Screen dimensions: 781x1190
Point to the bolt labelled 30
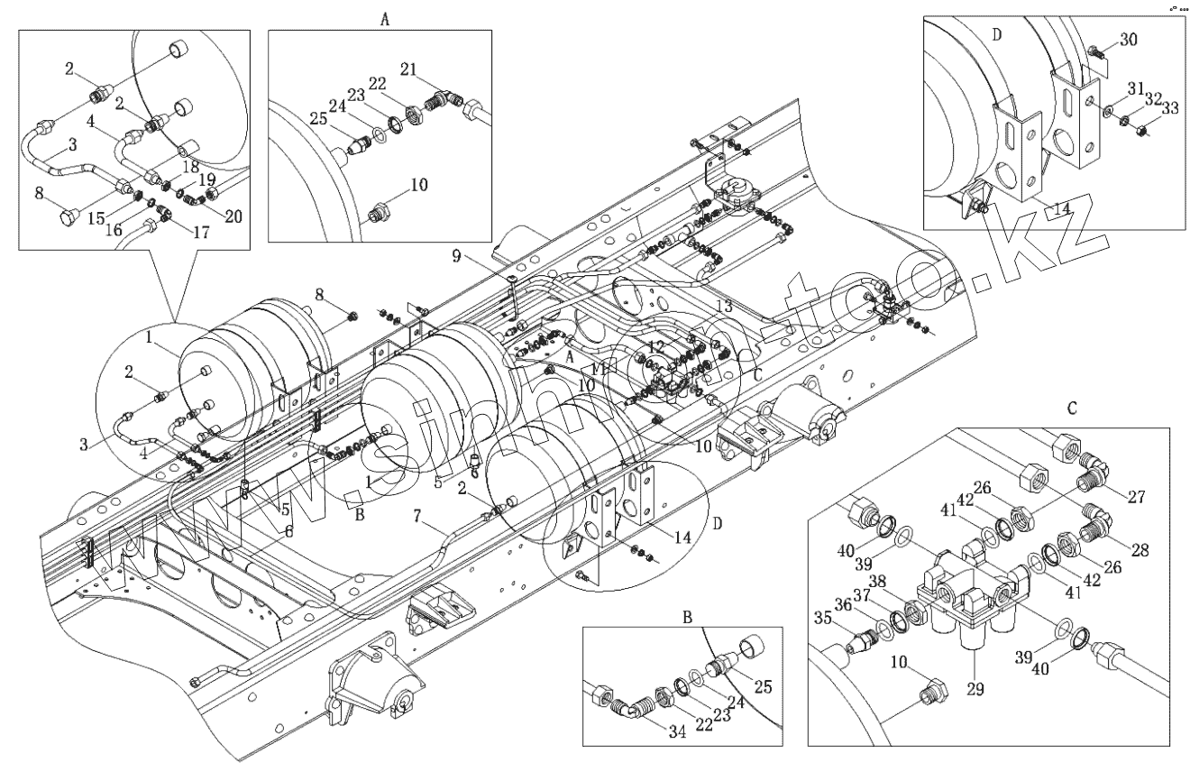tap(1093, 53)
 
